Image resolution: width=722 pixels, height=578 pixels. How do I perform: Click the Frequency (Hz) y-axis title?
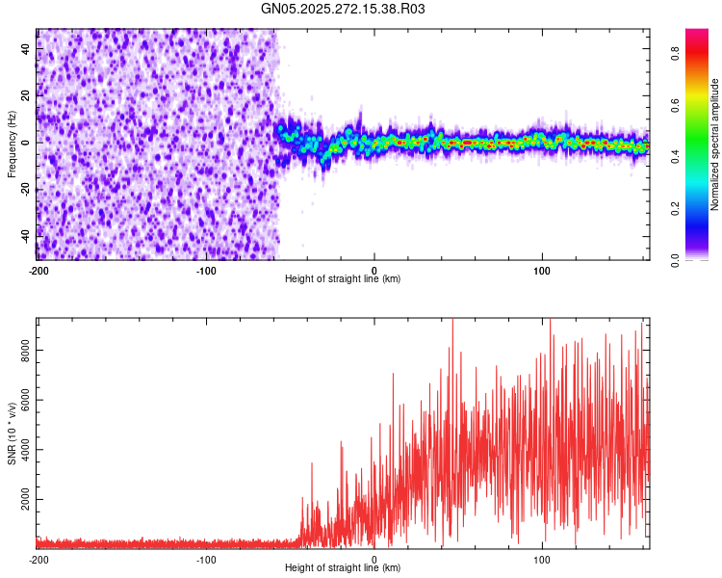[12, 144]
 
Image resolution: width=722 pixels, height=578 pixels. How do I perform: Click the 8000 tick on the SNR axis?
[23, 355]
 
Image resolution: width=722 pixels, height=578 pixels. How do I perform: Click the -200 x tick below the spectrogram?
[39, 270]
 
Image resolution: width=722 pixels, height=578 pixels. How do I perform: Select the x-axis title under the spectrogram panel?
[343, 278]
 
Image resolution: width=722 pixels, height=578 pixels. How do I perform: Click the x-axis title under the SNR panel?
[343, 568]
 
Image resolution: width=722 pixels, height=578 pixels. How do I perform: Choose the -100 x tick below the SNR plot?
[206, 560]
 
